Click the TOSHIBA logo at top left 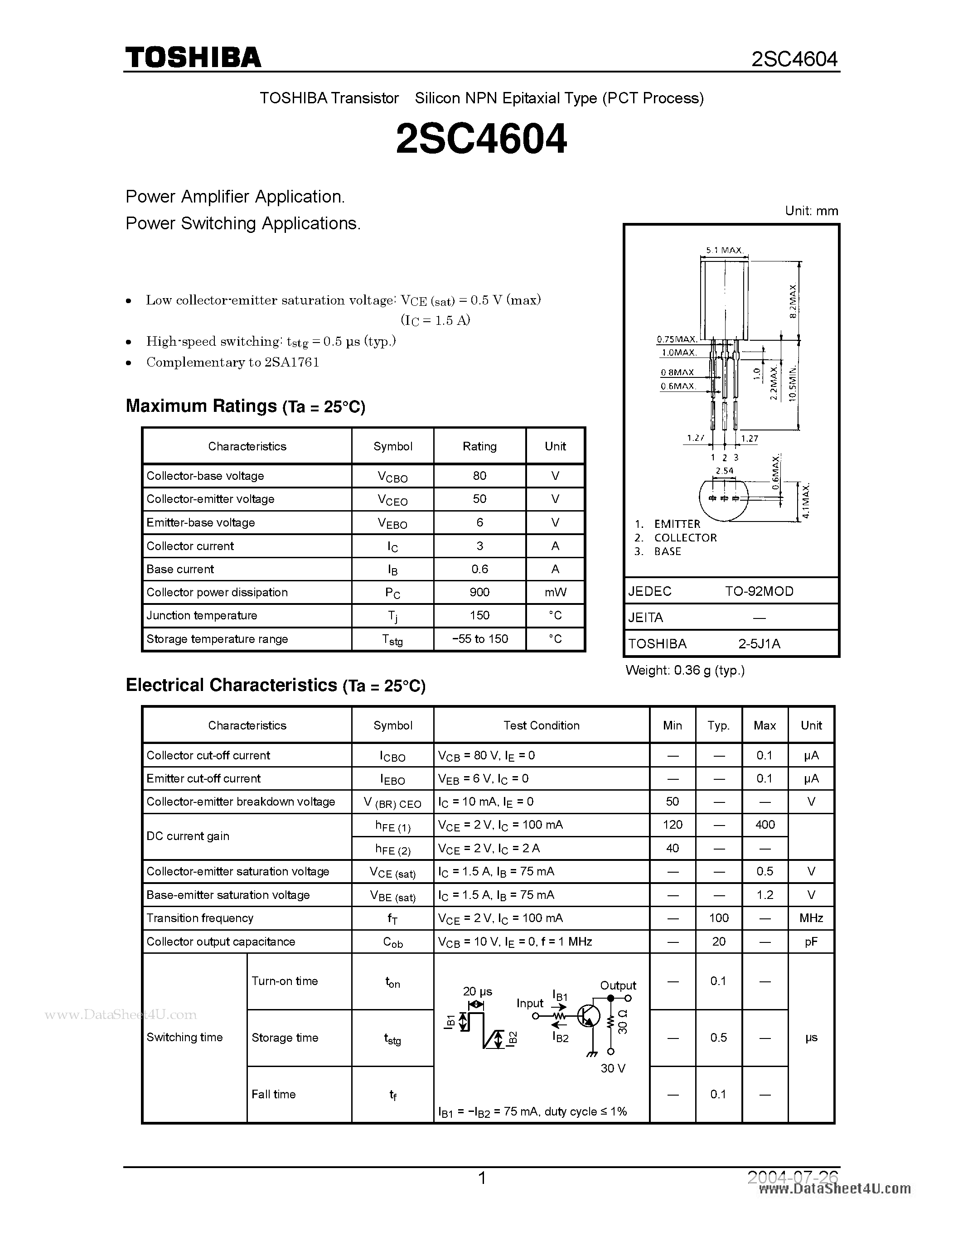(193, 58)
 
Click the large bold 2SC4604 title (481, 139)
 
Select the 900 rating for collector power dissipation (479, 592)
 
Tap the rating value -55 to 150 (479, 639)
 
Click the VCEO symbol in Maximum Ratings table (392, 500)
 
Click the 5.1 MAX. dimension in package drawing (723, 250)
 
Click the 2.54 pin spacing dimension (724, 471)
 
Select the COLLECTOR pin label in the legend (685, 537)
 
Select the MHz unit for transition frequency (811, 918)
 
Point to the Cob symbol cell (392, 942)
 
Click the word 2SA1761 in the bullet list (291, 362)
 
